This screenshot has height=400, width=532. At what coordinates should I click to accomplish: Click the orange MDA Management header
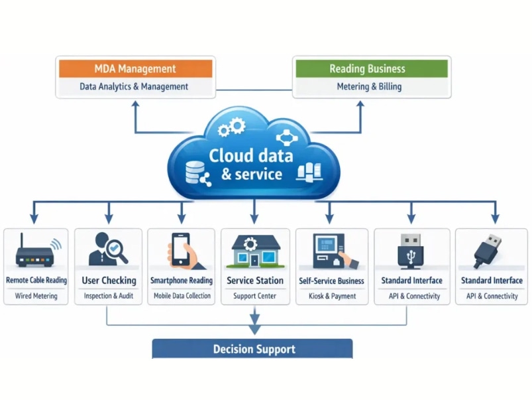[135, 68]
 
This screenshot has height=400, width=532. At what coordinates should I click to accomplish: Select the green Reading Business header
[372, 68]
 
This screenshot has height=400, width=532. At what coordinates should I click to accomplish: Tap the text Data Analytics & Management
[134, 87]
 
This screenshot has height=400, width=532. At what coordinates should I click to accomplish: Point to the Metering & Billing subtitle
[369, 87]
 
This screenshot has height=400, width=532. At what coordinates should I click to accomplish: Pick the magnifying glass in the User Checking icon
[117, 251]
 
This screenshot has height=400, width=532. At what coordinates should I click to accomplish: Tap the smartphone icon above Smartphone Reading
[180, 249]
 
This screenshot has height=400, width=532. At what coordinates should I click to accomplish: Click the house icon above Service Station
[256, 251]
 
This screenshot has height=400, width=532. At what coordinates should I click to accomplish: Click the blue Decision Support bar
[252, 349]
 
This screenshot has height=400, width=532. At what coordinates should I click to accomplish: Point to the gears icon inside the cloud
[231, 127]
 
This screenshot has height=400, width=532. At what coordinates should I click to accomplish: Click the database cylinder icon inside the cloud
[195, 172]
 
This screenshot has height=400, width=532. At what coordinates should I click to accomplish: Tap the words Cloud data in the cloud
[250, 156]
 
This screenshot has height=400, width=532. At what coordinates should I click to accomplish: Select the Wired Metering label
[36, 296]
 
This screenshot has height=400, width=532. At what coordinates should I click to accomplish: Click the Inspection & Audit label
[109, 296]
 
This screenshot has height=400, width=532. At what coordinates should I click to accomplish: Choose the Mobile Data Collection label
[182, 296]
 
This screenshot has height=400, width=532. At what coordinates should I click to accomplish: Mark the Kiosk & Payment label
[333, 297]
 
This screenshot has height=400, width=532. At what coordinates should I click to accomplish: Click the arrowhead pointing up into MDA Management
[135, 104]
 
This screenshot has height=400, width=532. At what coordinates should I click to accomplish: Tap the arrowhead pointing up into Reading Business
[360, 104]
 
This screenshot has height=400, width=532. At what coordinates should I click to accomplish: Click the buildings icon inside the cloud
[309, 172]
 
